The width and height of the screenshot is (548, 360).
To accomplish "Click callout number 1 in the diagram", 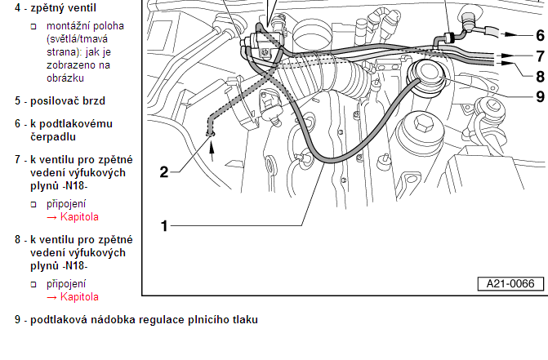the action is (164, 226).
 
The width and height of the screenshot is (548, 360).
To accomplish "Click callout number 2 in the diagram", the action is (164, 171).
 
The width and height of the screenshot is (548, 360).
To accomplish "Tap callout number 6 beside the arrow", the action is (541, 35).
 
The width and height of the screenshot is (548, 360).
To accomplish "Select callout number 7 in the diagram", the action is (541, 56).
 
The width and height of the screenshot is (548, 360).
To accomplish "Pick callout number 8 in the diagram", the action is (541, 77).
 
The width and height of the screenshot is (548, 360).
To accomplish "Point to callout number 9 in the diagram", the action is (541, 96).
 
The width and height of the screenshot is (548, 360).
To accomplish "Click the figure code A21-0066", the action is (510, 283).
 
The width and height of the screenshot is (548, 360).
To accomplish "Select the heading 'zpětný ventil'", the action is (63, 7).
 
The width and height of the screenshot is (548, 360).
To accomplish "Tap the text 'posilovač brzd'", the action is (68, 101).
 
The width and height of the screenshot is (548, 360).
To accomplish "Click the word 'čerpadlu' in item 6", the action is (53, 137).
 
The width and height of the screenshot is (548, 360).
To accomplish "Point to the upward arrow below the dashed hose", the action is (212, 149).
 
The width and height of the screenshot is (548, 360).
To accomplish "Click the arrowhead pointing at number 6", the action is (511, 34).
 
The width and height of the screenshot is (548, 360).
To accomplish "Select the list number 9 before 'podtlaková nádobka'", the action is (18, 320).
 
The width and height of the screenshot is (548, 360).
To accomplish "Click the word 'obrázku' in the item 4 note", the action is (65, 78).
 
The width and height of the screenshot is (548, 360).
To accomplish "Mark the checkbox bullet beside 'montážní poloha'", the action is (33, 27).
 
